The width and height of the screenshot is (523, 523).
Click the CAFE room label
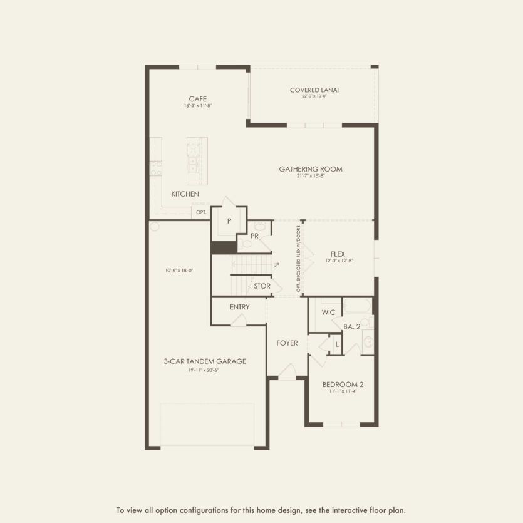[x=198, y=99]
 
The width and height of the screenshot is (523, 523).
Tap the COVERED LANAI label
[x=314, y=90]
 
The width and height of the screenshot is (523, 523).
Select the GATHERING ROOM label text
[x=311, y=169]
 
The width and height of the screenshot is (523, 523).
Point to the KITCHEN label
[x=185, y=194]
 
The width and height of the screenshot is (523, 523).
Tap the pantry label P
[x=229, y=221]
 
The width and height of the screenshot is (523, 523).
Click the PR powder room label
[x=254, y=236]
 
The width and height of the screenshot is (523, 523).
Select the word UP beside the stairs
[x=276, y=265]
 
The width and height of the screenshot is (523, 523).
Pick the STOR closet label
[x=262, y=286]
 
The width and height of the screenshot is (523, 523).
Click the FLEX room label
[x=338, y=254]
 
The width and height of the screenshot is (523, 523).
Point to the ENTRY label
[x=239, y=307]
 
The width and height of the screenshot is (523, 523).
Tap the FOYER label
[x=287, y=343]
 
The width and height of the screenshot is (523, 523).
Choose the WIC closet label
[x=328, y=312]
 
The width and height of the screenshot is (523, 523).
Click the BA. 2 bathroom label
[x=351, y=326]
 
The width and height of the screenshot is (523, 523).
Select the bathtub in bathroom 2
[x=356, y=306]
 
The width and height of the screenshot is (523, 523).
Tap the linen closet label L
[x=336, y=344]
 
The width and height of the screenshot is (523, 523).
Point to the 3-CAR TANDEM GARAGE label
[x=205, y=361]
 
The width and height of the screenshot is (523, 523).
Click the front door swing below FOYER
[x=286, y=372]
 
